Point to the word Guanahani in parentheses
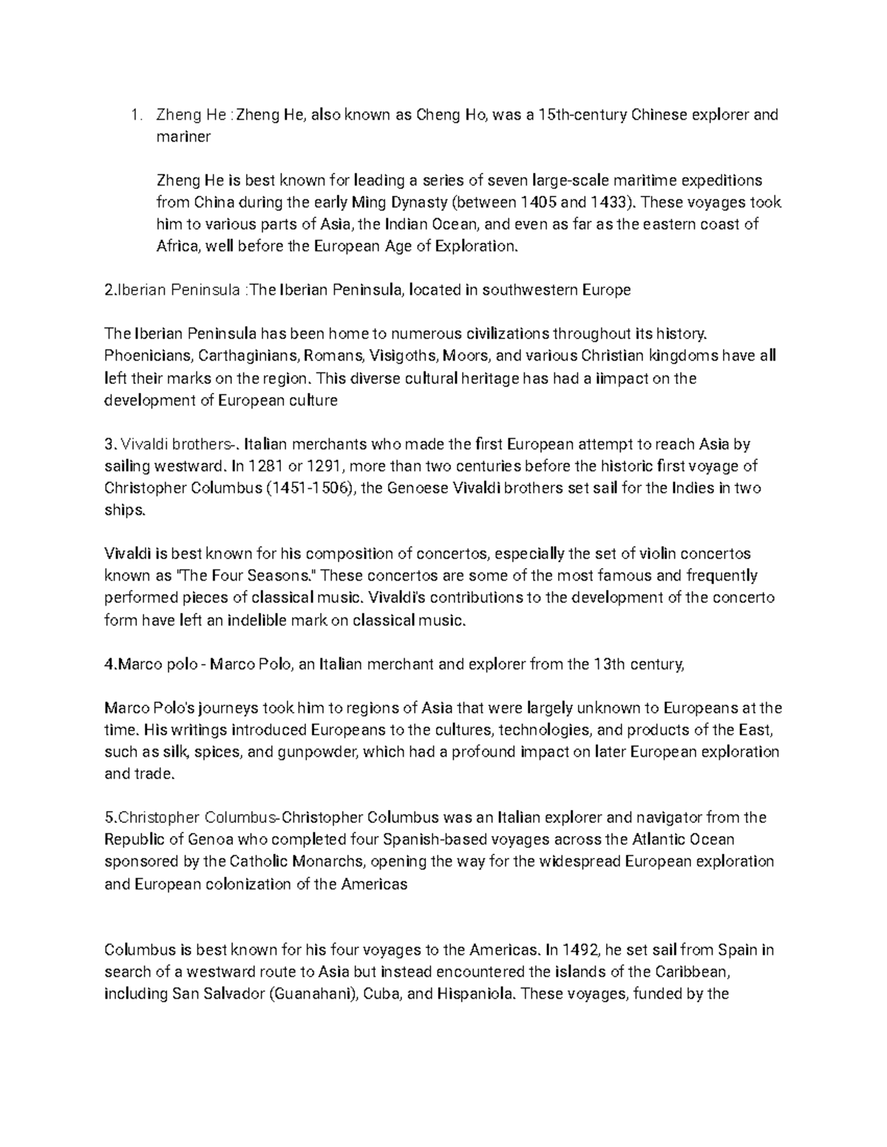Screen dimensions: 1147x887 (310, 993)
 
